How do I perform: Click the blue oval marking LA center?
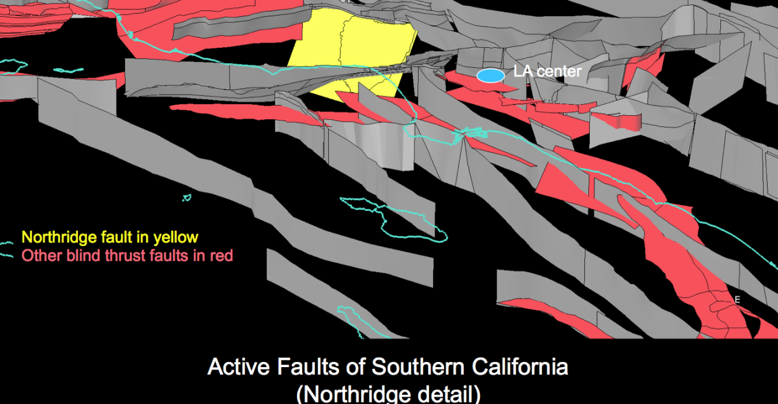pyautogui.click(x=491, y=76)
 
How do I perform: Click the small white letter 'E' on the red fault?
pyautogui.click(x=737, y=300)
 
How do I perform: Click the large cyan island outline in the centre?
pyautogui.click(x=402, y=220)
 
